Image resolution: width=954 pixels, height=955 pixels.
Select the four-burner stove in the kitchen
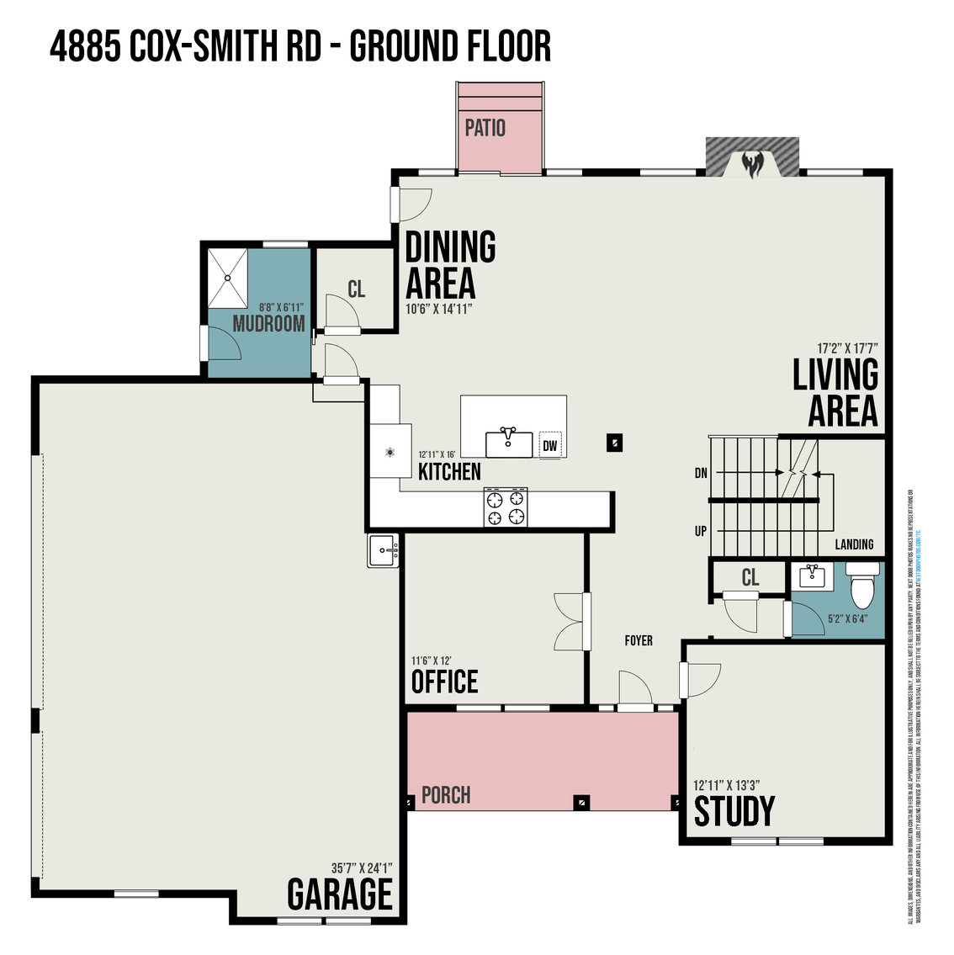(506, 507)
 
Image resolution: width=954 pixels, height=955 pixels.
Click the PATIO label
(485, 128)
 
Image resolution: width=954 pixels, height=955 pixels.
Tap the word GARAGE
(340, 894)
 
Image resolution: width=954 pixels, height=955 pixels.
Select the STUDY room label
(734, 811)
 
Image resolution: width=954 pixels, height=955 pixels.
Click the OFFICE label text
(444, 682)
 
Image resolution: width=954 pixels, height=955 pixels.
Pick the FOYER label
(639, 640)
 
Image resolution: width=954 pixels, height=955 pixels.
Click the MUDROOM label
(268, 324)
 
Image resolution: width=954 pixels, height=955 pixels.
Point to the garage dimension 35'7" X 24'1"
(363, 867)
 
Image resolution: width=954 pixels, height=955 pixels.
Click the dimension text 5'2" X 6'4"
(848, 619)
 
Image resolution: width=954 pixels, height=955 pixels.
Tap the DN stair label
(700, 474)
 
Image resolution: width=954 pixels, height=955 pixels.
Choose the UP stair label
(700, 532)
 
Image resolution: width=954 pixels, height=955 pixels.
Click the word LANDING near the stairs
(854, 544)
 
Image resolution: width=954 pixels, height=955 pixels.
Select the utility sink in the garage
(384, 551)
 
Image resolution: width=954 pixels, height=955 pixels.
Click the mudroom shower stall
(228, 278)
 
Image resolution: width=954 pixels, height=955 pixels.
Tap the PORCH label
(446, 795)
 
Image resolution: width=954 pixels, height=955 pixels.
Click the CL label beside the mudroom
(357, 289)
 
